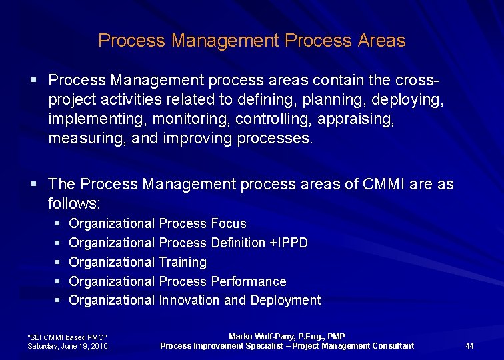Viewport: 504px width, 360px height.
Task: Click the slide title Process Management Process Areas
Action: click(x=251, y=41)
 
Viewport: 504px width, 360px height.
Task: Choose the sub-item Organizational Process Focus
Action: click(x=157, y=223)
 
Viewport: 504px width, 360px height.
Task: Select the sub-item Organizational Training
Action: click(x=138, y=262)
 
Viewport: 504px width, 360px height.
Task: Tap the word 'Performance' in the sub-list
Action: click(x=248, y=281)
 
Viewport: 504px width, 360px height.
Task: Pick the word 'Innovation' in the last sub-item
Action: click(x=189, y=300)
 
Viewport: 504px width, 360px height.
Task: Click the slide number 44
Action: click(x=469, y=345)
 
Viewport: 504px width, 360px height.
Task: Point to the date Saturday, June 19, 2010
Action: click(x=67, y=346)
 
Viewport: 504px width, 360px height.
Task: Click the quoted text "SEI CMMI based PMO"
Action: click(x=67, y=337)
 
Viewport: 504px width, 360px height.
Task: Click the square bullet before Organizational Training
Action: click(x=57, y=263)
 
